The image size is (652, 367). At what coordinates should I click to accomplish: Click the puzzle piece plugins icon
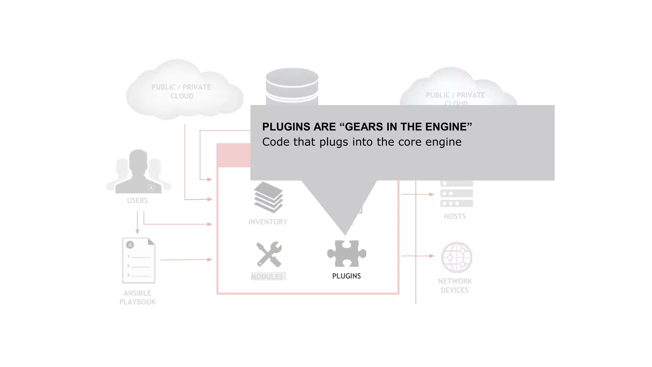pyautogui.click(x=347, y=254)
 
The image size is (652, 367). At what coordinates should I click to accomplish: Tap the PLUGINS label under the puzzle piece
pyautogui.click(x=346, y=276)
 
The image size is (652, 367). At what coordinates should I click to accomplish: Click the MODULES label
pyautogui.click(x=267, y=277)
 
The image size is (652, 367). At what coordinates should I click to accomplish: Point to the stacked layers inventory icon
pyautogui.click(x=268, y=197)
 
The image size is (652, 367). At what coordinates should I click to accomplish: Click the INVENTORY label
pyautogui.click(x=268, y=222)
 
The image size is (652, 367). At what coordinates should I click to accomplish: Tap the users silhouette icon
pyautogui.click(x=138, y=172)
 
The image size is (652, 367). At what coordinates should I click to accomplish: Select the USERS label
pyautogui.click(x=137, y=200)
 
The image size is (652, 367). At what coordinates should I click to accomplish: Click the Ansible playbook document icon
pyautogui.click(x=138, y=260)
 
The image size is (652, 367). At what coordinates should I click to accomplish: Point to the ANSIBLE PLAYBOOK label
pyautogui.click(x=138, y=298)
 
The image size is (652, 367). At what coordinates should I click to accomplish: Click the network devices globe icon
pyautogui.click(x=457, y=257)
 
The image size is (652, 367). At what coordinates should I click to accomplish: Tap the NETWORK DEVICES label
pyautogui.click(x=455, y=285)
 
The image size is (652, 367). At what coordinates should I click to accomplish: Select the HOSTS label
pyautogui.click(x=455, y=217)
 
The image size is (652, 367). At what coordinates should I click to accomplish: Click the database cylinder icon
pyautogui.click(x=292, y=86)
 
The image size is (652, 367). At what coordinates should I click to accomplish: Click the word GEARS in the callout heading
pyautogui.click(x=364, y=127)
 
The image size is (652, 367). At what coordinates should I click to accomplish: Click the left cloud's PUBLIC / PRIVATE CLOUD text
pyautogui.click(x=181, y=91)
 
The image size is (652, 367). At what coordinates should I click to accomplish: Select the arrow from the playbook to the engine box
pyautogui.click(x=186, y=260)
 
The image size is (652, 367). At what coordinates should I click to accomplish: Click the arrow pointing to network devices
pyautogui.click(x=418, y=256)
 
